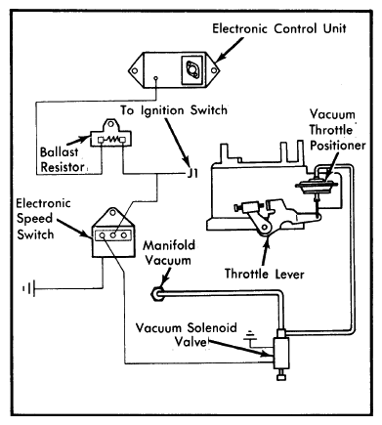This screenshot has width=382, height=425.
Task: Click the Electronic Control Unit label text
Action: coord(278,28)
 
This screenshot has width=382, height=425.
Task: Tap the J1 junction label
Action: coord(192,173)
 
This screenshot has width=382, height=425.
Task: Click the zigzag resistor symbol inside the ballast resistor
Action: coord(111,140)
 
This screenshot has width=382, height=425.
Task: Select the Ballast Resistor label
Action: coord(62,159)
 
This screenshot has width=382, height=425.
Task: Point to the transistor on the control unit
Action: coord(191,69)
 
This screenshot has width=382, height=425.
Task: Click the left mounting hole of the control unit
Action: coord(134,70)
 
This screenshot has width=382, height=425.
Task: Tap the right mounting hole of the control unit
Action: coord(214,70)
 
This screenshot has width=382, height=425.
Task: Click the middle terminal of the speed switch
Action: coord(113,235)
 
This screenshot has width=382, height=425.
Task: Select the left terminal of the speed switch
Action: coord(102,235)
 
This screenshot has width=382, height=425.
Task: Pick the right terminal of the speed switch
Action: coord(124,235)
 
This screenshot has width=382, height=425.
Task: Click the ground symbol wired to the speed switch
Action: coord(29,288)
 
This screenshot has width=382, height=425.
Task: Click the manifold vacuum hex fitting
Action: coord(157,293)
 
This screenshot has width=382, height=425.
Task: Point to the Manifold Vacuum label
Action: coord(169,253)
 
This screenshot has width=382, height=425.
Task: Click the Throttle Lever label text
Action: coord(264,274)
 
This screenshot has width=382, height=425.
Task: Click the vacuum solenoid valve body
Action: coord(281,353)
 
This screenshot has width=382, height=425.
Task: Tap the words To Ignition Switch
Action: coord(174,110)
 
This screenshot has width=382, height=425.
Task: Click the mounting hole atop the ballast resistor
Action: coord(110,124)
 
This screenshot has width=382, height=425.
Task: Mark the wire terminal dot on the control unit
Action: coord(156,78)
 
